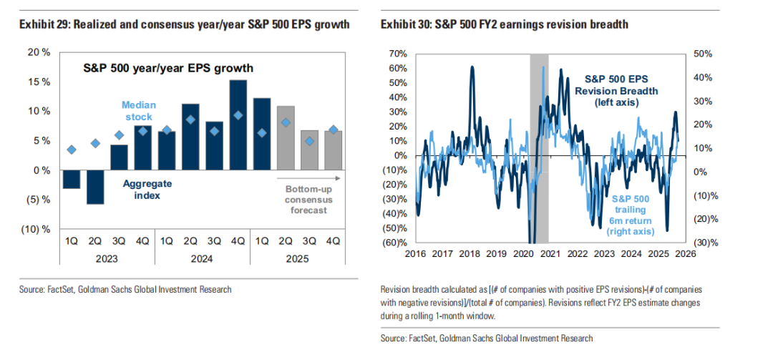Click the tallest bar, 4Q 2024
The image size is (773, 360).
(238, 125)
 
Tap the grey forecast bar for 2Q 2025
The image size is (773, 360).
(286, 138)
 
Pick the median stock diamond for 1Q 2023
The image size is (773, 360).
(72, 150)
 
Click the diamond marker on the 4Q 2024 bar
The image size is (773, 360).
(238, 115)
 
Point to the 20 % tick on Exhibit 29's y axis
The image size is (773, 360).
(40, 52)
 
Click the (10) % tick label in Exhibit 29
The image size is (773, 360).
(39, 230)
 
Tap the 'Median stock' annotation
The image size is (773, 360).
(139, 110)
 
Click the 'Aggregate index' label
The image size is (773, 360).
(147, 189)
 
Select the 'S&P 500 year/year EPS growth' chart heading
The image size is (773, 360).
(169, 69)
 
